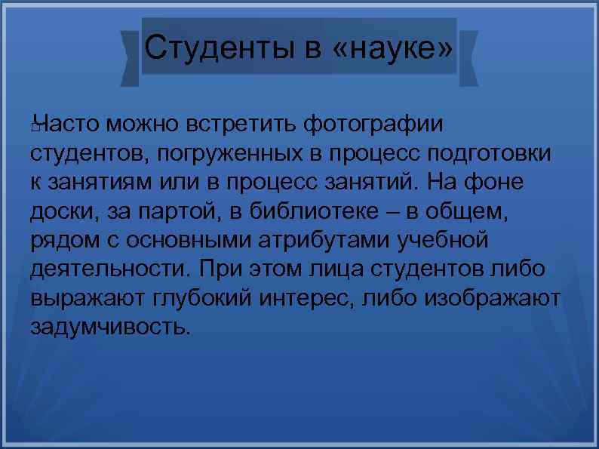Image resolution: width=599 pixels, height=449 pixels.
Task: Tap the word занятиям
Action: click(x=97, y=184)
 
